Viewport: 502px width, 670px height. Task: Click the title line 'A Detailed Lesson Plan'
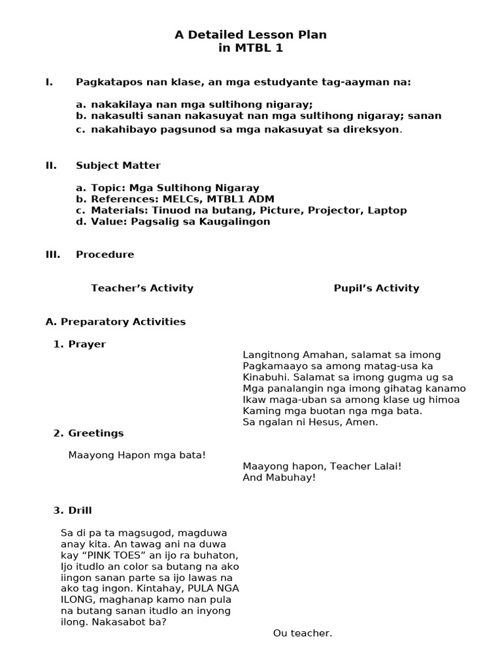[250, 35]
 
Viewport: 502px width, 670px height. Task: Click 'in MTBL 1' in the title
[250, 48]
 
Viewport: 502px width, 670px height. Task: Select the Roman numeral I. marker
[49, 82]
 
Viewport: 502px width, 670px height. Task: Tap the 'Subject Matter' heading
[118, 166]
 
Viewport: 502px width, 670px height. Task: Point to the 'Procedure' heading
[105, 255]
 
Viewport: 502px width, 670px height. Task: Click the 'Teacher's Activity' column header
[142, 288]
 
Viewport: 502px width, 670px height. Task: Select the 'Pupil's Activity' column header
[376, 288]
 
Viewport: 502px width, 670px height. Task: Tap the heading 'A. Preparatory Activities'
[116, 322]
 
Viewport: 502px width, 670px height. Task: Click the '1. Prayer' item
[80, 344]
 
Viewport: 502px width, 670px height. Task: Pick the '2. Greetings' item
[88, 433]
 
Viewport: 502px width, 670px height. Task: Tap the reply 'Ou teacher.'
[303, 633]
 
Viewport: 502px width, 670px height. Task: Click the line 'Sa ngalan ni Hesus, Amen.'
[310, 422]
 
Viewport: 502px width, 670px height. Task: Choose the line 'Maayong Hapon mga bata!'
[137, 455]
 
